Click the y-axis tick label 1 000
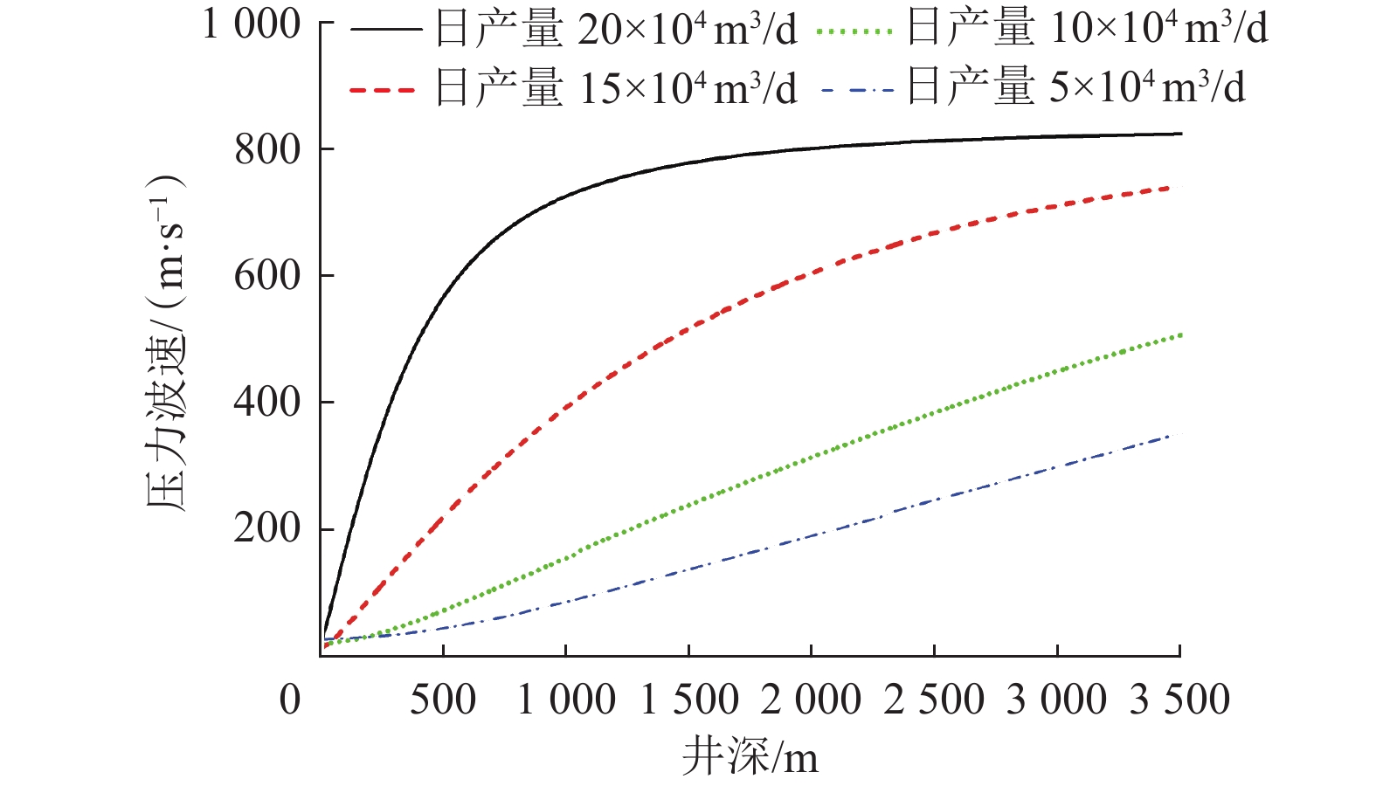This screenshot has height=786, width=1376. [252, 24]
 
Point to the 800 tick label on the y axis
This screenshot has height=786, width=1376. [267, 150]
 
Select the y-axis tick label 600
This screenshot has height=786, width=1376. [267, 276]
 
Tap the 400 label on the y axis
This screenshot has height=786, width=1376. [267, 403]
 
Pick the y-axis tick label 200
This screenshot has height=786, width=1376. [267, 529]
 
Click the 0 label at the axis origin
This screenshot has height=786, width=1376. [290, 700]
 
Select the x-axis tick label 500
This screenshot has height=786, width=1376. [443, 700]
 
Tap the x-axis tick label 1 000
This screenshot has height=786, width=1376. [566, 700]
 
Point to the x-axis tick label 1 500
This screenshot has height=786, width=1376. [689, 700]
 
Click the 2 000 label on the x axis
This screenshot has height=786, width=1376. [812, 700]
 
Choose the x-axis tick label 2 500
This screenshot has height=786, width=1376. [934, 700]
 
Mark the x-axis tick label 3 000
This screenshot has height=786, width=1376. [1057, 700]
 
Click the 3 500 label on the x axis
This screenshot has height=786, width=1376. [1179, 700]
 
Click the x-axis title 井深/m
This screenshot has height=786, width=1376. [750, 756]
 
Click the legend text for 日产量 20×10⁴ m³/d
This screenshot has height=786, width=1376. [616, 31]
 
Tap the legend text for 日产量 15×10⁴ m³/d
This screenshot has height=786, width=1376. [616, 88]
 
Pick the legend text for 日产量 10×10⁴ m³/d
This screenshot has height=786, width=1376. [1087, 29]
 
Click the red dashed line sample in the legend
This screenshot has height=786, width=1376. [383, 89]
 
